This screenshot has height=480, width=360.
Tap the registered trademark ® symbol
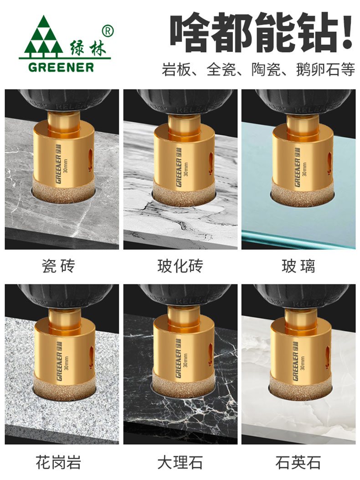click(x=106, y=31)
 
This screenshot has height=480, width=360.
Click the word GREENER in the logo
click(x=61, y=67)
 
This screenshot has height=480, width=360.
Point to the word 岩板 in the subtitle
click(x=176, y=70)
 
